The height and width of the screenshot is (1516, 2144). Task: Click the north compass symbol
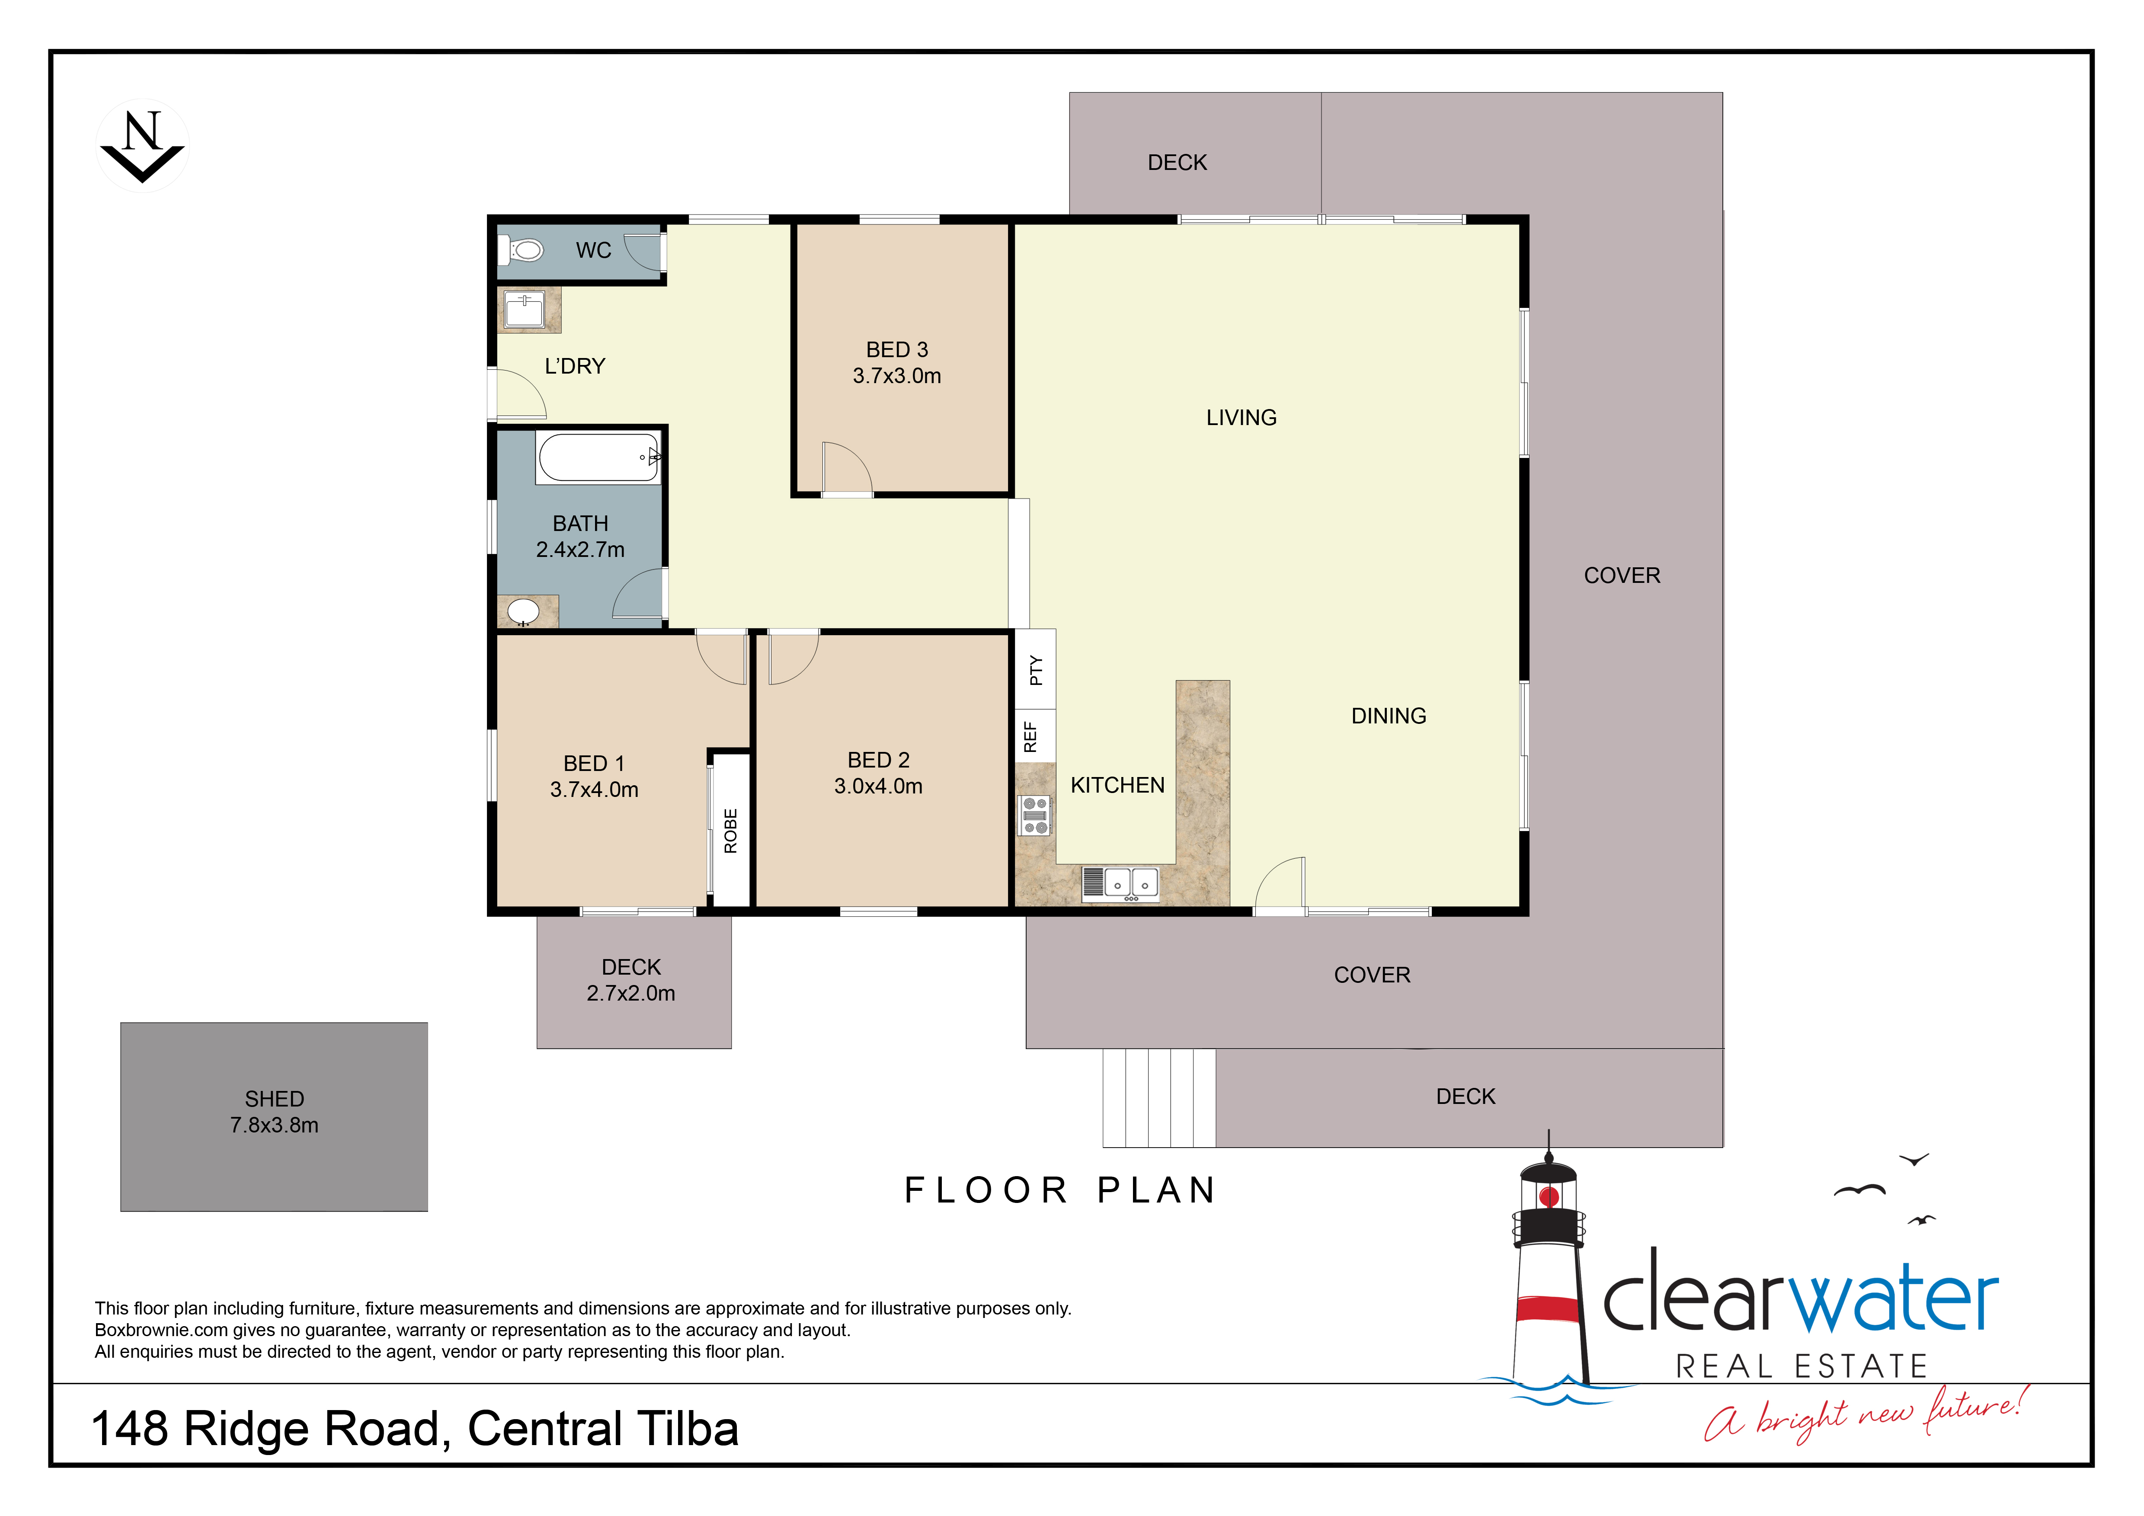tap(143, 146)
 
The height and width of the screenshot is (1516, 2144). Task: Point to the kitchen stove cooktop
tap(1035, 815)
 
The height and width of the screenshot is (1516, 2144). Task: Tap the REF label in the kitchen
tap(1030, 736)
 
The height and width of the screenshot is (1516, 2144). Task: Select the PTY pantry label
tap(1035, 670)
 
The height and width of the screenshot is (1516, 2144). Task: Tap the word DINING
tap(1389, 716)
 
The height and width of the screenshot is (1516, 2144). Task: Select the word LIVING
tap(1241, 417)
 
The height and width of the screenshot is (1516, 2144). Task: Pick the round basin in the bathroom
tap(523, 611)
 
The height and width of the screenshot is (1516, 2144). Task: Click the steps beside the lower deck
tap(1159, 1098)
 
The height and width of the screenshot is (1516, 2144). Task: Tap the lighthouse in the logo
tap(1549, 1270)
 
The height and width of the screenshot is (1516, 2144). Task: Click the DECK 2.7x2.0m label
tap(631, 980)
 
